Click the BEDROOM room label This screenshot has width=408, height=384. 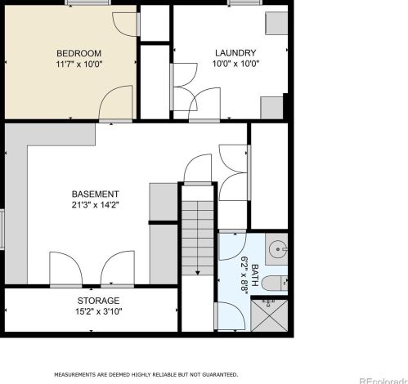(78, 53)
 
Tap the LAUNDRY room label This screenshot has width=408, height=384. (235, 52)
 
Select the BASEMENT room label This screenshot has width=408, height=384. (96, 194)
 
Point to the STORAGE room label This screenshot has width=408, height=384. (98, 301)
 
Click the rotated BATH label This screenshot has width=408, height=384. (254, 275)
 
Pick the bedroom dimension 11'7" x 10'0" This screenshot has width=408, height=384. (79, 65)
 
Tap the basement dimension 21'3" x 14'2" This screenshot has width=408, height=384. (96, 205)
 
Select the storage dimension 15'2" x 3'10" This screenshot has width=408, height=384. (98, 311)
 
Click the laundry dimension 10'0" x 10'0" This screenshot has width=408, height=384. (235, 64)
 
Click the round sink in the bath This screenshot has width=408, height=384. (278, 249)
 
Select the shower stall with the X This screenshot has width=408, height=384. (269, 315)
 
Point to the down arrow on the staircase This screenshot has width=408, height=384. (198, 272)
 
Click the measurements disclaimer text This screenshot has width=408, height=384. (146, 375)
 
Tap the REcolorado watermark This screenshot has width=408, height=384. (383, 381)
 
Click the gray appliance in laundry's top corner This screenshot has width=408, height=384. (276, 23)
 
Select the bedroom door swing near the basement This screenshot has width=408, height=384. (115, 102)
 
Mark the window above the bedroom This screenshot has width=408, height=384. (88, 2)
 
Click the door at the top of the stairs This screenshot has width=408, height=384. (198, 169)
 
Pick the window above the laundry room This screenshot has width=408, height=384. (244, 2)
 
